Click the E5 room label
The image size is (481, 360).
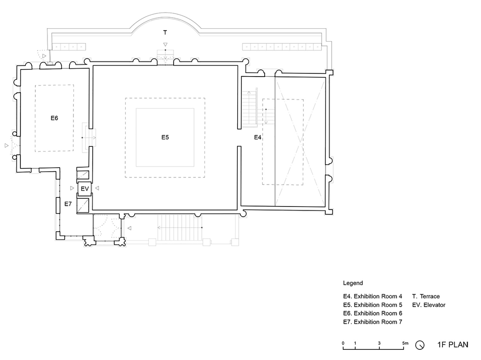click(x=165, y=137)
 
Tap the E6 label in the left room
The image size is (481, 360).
click(x=54, y=118)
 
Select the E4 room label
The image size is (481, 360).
click(x=257, y=137)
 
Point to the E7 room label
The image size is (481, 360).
click(x=68, y=204)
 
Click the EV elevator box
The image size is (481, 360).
click(x=85, y=189)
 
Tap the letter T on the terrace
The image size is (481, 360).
click(x=165, y=33)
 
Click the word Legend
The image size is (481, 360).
click(x=353, y=283)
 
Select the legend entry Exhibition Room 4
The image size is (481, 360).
click(x=373, y=296)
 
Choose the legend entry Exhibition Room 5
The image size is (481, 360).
click(x=373, y=305)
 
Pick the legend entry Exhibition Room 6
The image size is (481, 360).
click(x=373, y=313)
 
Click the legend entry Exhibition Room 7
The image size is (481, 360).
click(x=373, y=322)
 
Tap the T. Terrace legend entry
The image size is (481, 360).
click(x=426, y=296)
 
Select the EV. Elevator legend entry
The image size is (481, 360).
click(x=429, y=305)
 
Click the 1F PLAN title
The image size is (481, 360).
click(x=453, y=345)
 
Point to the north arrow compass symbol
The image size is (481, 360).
click(x=420, y=345)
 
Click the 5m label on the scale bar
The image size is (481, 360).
click(x=405, y=343)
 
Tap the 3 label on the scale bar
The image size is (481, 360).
click(x=379, y=343)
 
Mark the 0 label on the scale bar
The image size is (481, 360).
click(x=343, y=343)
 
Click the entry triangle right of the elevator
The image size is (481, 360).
click(x=97, y=188)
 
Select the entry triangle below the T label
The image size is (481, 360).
click(x=166, y=44)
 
